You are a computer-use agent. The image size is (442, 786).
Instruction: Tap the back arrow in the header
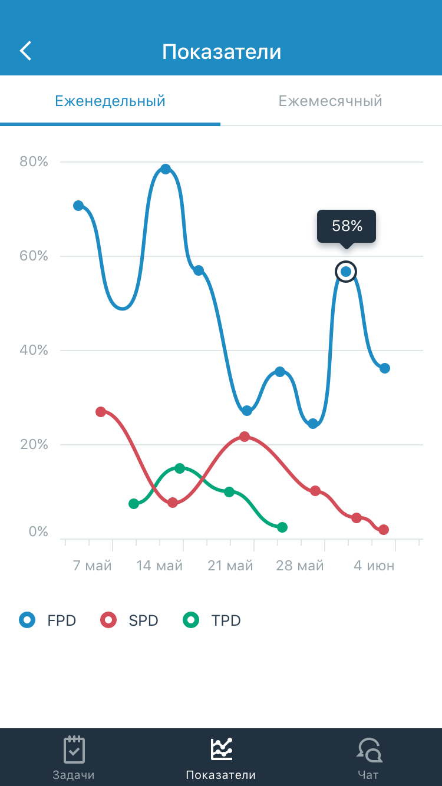click(26, 51)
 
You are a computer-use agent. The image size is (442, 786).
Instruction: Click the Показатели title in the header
click(222, 52)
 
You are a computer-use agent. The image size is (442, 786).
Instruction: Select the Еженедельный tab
click(110, 101)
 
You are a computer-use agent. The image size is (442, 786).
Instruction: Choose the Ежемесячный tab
click(331, 101)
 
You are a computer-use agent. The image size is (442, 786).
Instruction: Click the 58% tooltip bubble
click(347, 226)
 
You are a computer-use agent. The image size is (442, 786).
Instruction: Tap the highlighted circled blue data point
click(346, 272)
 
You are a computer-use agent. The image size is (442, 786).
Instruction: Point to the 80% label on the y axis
click(34, 161)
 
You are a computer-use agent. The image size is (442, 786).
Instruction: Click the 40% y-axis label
click(34, 350)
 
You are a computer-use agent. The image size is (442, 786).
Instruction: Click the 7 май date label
click(93, 566)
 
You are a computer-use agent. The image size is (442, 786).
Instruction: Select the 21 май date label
click(230, 566)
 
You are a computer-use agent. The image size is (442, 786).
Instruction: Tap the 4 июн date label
click(374, 566)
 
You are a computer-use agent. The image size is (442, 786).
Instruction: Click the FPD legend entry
click(48, 620)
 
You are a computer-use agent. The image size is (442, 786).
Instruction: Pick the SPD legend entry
click(130, 620)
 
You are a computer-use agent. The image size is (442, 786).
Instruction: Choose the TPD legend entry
click(213, 620)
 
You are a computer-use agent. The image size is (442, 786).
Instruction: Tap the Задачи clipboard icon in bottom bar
click(74, 749)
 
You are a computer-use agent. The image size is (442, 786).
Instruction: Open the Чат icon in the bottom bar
click(369, 749)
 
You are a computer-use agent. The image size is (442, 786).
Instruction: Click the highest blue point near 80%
click(166, 170)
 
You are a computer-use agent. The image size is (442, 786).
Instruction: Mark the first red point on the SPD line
click(101, 412)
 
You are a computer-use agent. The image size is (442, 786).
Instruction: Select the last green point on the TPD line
click(282, 527)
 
